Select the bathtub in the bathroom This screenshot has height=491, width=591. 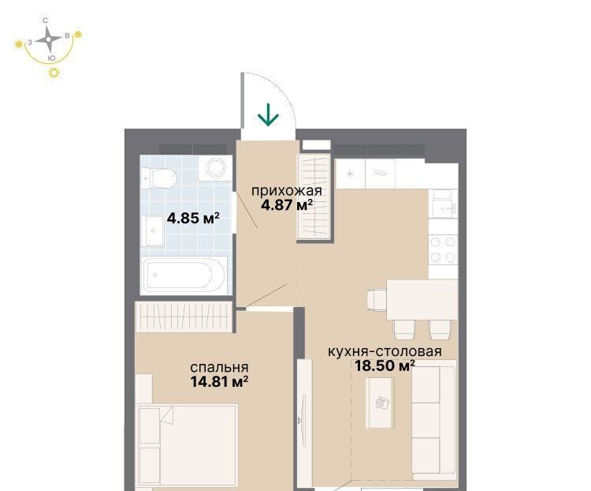[184, 275]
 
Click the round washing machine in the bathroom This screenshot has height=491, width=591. [216, 167]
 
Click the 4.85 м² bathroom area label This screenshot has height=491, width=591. [193, 218]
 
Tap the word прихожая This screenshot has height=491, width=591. [287, 191]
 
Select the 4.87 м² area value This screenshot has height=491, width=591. [287, 205]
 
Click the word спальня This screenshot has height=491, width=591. [219, 367]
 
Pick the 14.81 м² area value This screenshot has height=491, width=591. [219, 381]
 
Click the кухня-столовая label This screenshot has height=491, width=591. [385, 351]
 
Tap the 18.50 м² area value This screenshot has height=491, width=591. [385, 365]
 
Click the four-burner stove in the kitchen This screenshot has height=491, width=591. [443, 249]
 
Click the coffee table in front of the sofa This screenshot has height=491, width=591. [380, 403]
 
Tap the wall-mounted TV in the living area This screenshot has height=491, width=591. [303, 420]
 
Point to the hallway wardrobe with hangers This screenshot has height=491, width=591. [314, 196]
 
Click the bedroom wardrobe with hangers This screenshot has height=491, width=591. [184, 317]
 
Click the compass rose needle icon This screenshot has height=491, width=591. [48, 39]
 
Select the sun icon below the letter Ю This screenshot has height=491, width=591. [54, 73]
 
